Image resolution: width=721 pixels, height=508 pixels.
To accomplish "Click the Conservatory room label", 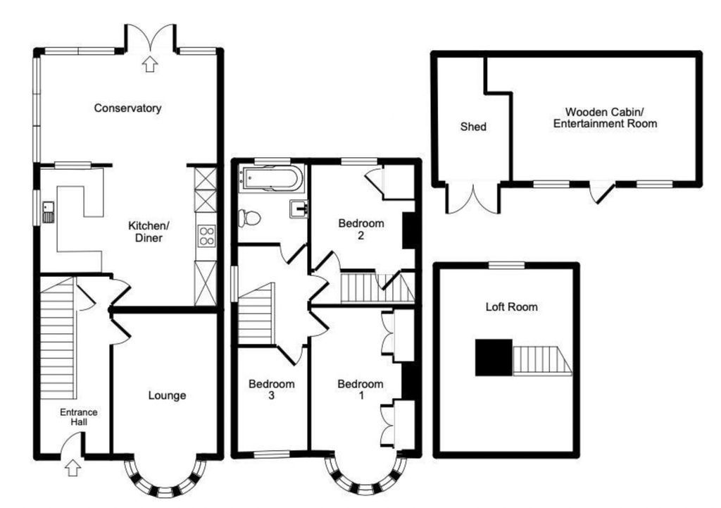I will (128, 109).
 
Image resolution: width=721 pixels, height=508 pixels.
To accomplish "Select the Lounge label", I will (167, 395).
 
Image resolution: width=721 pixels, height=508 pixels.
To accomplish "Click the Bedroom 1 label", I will (360, 390).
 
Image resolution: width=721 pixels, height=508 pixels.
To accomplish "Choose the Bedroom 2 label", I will (361, 230).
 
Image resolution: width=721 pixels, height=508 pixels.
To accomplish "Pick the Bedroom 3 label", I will (271, 390).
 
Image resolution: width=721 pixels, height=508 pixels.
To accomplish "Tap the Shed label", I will (473, 128).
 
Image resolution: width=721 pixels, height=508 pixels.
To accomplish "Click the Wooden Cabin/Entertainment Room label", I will (605, 118).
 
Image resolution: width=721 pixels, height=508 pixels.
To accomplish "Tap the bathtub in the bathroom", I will (271, 178).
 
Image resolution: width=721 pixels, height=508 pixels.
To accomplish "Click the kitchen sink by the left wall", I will (48, 211).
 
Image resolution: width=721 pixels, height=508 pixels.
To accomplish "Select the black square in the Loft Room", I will (494, 357).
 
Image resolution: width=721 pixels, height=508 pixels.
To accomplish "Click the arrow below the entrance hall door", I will (73, 466).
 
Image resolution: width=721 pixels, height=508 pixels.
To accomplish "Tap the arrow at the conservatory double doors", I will (149, 65).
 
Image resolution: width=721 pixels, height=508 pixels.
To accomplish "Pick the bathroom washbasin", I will (298, 209).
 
